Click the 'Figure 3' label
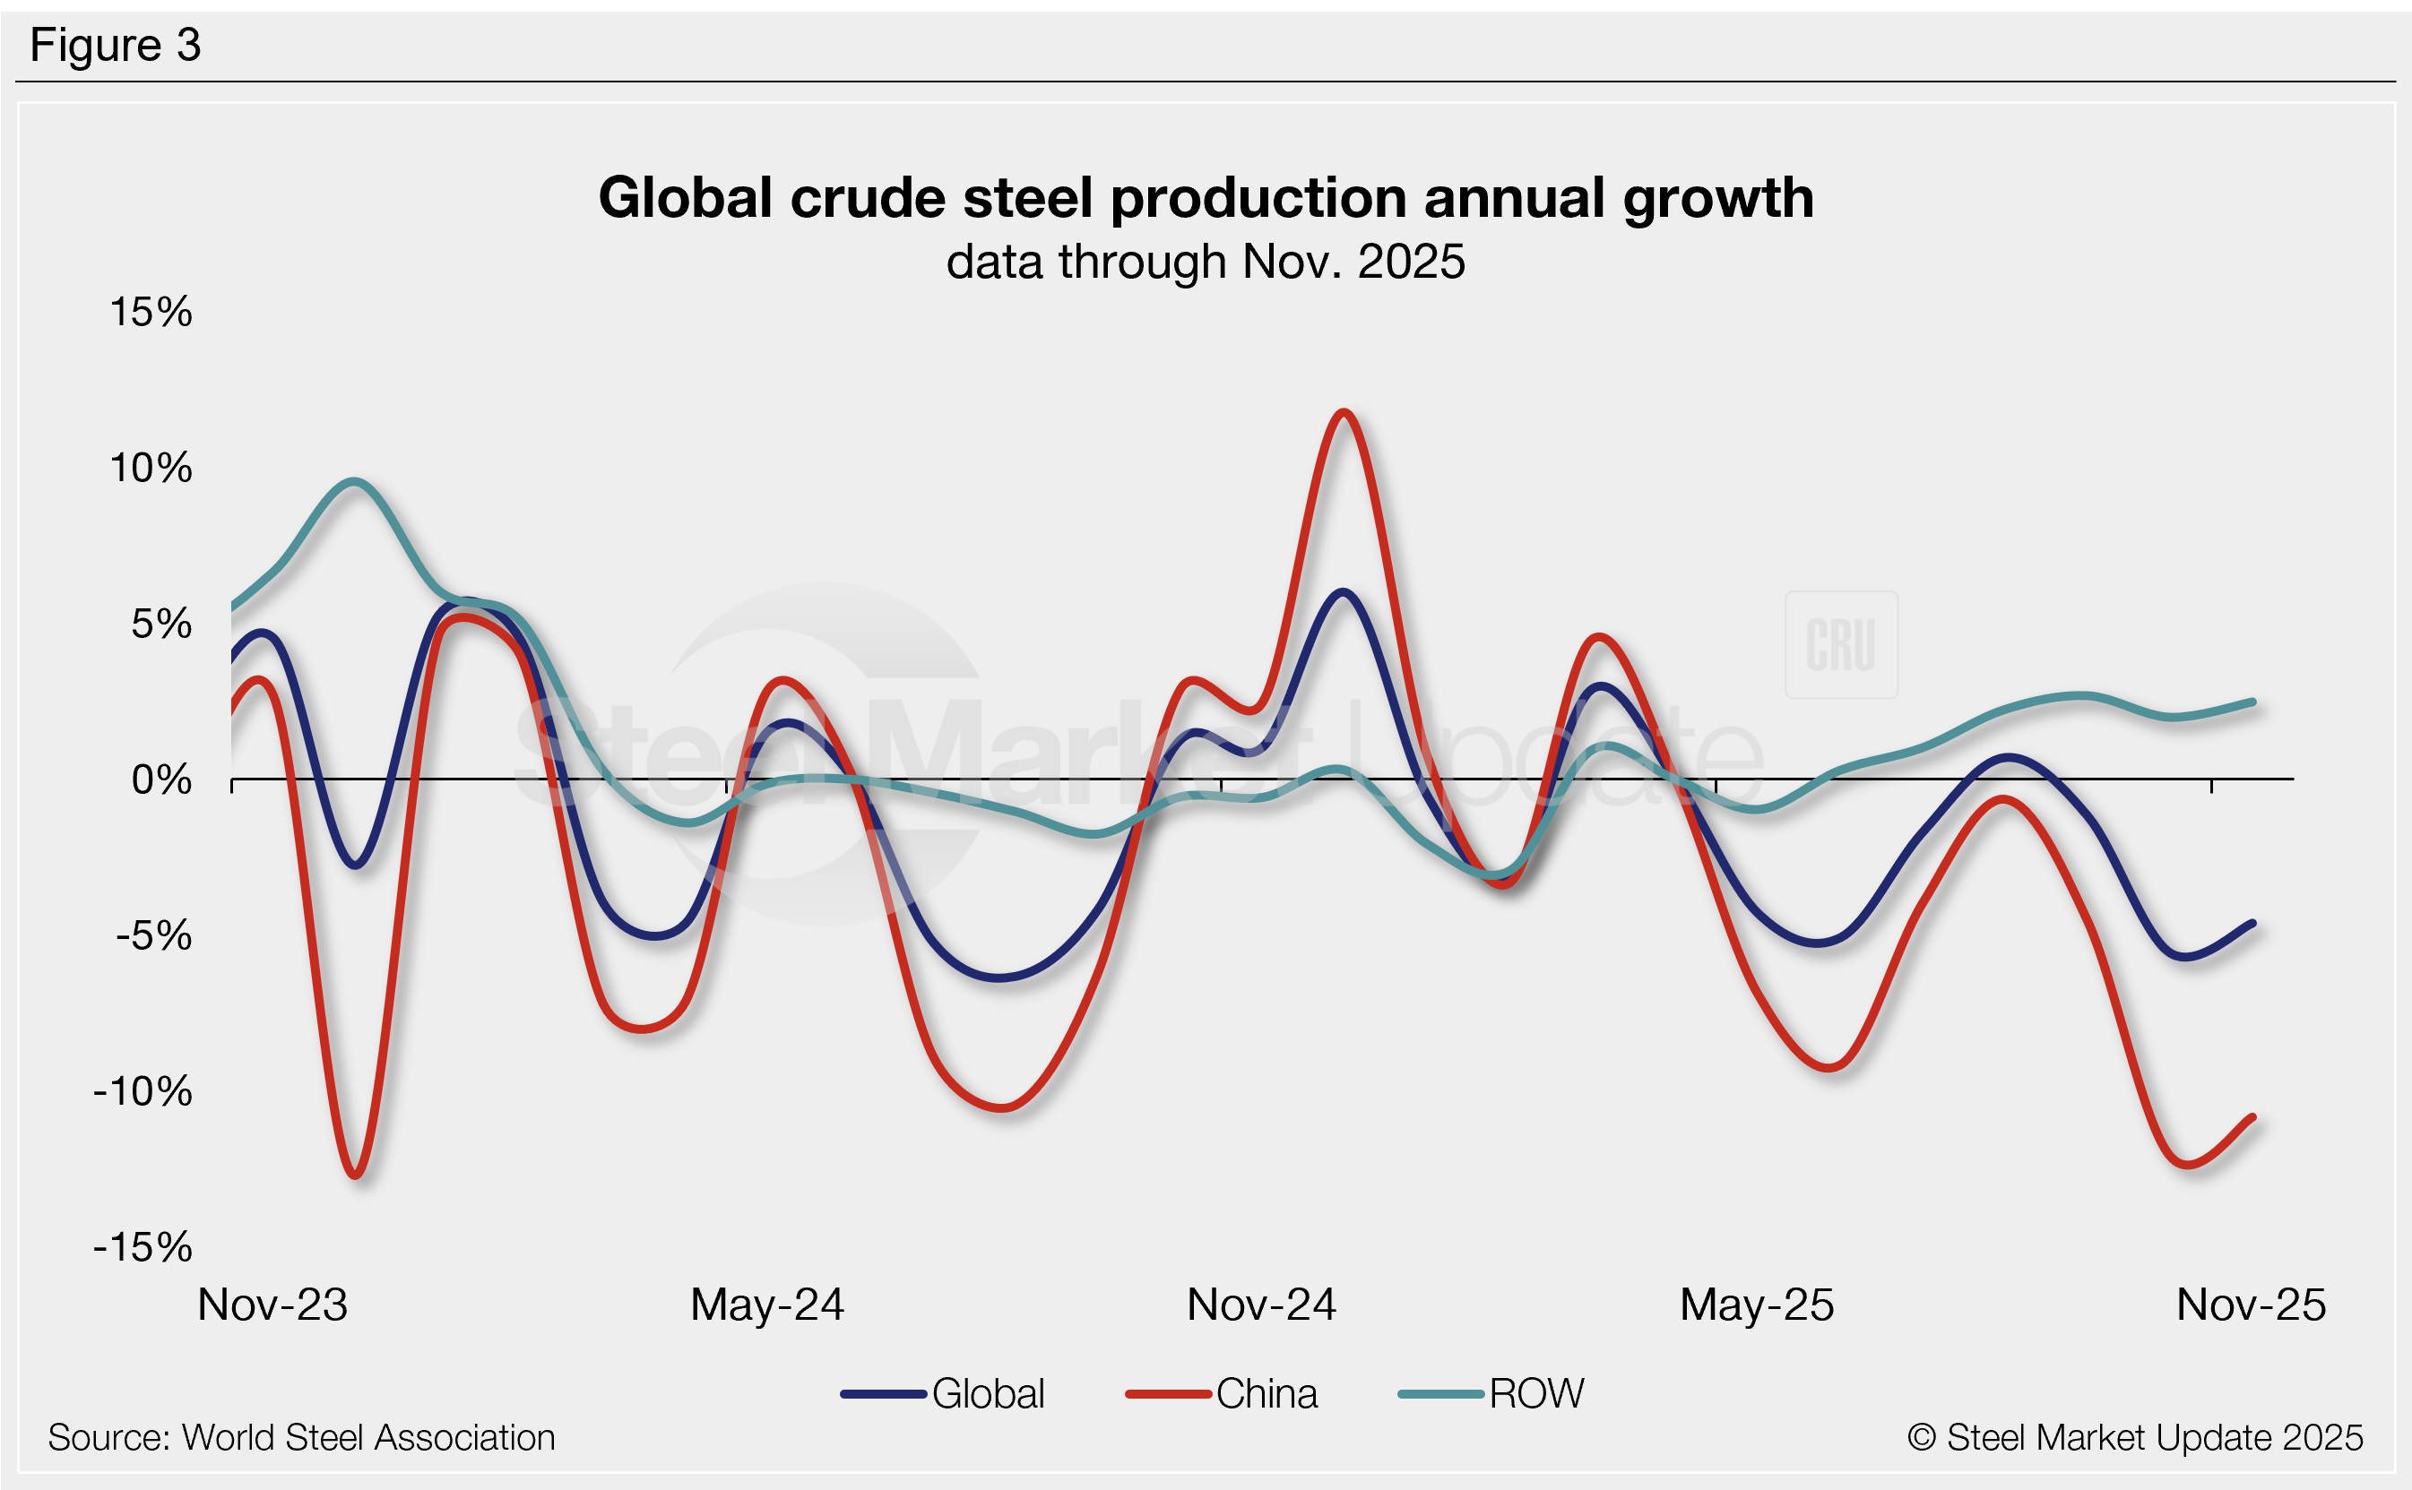[x=116, y=46]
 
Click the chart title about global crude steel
[x=1206, y=198]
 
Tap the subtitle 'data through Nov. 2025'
[x=1206, y=263]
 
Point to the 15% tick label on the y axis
[x=151, y=313]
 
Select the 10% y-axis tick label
[x=151, y=468]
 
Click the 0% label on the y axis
[x=161, y=780]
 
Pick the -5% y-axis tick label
[x=154, y=936]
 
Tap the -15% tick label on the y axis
[x=143, y=1247]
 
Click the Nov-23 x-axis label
[x=273, y=1305]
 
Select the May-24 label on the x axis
[x=767, y=1305]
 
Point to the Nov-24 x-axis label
[x=1262, y=1305]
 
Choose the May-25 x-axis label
[x=1757, y=1305]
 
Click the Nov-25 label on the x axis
[x=2252, y=1305]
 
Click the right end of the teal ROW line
[x=2253, y=702]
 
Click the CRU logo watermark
[x=1840, y=645]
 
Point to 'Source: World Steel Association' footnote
[x=302, y=1438]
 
